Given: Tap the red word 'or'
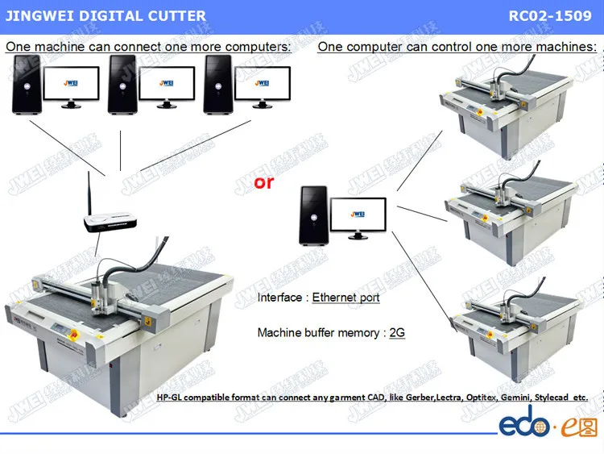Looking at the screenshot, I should coord(263,182).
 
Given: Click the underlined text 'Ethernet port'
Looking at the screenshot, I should coord(345,298).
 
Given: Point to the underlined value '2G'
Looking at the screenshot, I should coord(396,332).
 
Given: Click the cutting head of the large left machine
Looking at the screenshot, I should coord(102,295).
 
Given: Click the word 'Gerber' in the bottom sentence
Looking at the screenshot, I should coord(414,398).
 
